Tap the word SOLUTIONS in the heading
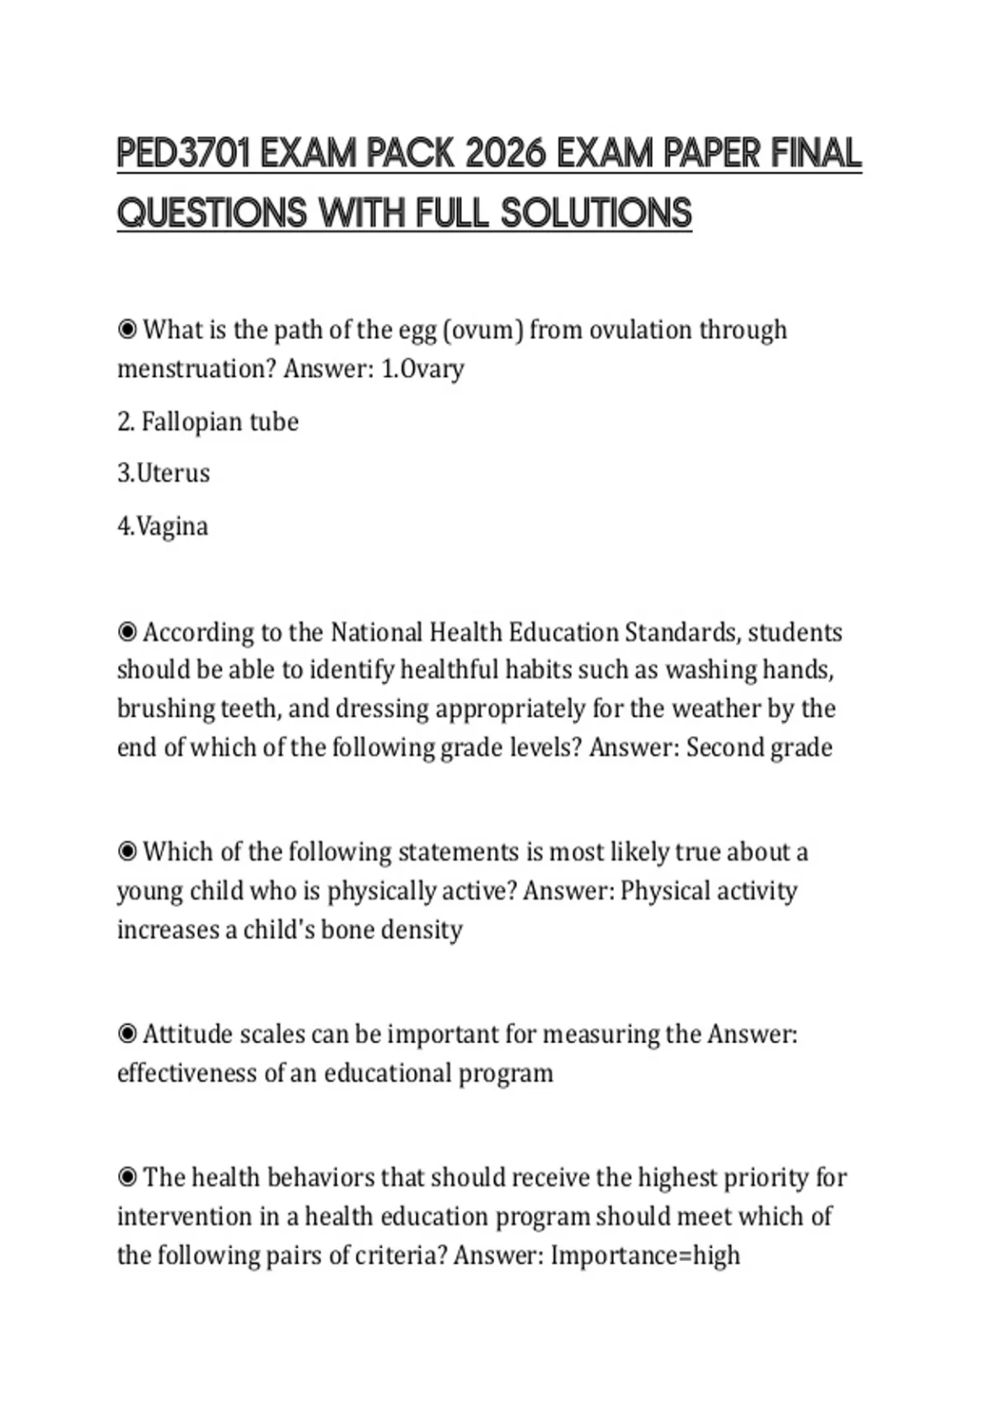596,213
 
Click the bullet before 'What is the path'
127,330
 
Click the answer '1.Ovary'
422,369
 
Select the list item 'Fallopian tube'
219,421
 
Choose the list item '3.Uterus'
163,473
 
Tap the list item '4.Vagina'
163,526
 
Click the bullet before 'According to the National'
127,633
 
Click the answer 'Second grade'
759,747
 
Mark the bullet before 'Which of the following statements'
127,852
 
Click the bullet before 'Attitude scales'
127,1034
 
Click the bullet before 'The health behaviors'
127,1177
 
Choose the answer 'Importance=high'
645,1255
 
